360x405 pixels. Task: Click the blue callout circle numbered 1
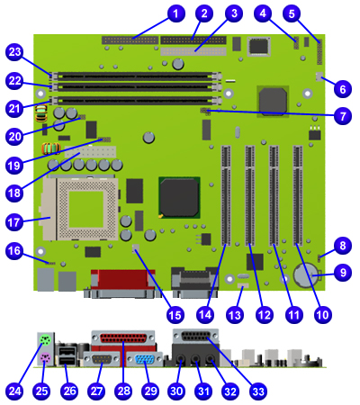[175, 13]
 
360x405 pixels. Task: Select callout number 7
[343, 116]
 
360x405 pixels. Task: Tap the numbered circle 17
[14, 222]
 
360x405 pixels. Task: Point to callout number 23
[14, 52]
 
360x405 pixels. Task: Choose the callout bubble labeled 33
[258, 391]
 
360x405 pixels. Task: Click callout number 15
[175, 315]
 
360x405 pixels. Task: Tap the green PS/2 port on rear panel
[45, 340]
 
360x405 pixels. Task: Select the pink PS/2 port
[45, 357]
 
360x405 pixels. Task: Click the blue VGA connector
[145, 360]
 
